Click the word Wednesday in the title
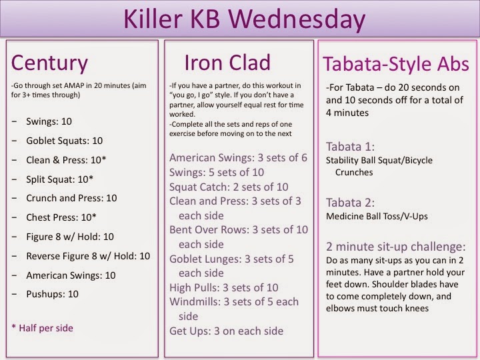tap(297, 19)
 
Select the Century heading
tap(49, 63)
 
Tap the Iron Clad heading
tap(227, 63)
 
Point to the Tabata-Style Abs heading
tap(396, 64)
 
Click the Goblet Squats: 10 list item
tap(64, 141)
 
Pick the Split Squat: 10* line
tap(60, 179)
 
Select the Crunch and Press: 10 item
tap(71, 198)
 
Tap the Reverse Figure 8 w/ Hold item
tap(88, 256)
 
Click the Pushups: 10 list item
tap(53, 294)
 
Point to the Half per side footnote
tap(42, 328)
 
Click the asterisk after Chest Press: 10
tap(94, 216)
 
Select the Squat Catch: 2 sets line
tap(229, 187)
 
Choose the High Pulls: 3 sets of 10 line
tap(224, 287)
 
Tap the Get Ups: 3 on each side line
tap(226, 331)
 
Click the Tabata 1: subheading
tap(350, 147)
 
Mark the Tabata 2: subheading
tap(350, 203)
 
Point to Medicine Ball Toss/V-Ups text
tap(377, 217)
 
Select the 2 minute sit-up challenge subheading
tap(395, 247)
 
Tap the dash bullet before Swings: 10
tap(14, 121)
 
